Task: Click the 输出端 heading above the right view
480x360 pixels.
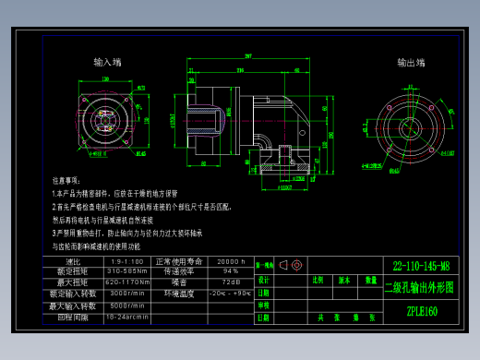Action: tap(411, 63)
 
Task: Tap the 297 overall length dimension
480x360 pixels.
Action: tap(248, 57)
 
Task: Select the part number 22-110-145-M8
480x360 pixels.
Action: tap(420, 264)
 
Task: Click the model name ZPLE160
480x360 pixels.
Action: tap(421, 311)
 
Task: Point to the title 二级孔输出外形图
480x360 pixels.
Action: tap(420, 287)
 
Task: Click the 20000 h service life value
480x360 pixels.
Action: tap(230, 262)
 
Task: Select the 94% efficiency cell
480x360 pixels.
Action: tap(230, 271)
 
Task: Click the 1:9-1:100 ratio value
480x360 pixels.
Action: tap(127, 262)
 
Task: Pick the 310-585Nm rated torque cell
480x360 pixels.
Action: tap(127, 271)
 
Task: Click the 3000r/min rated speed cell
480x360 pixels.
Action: tap(127, 293)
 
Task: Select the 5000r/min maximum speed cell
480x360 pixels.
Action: tap(127, 305)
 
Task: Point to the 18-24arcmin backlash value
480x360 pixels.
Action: tap(127, 316)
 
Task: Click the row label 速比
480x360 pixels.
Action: tap(75, 262)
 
